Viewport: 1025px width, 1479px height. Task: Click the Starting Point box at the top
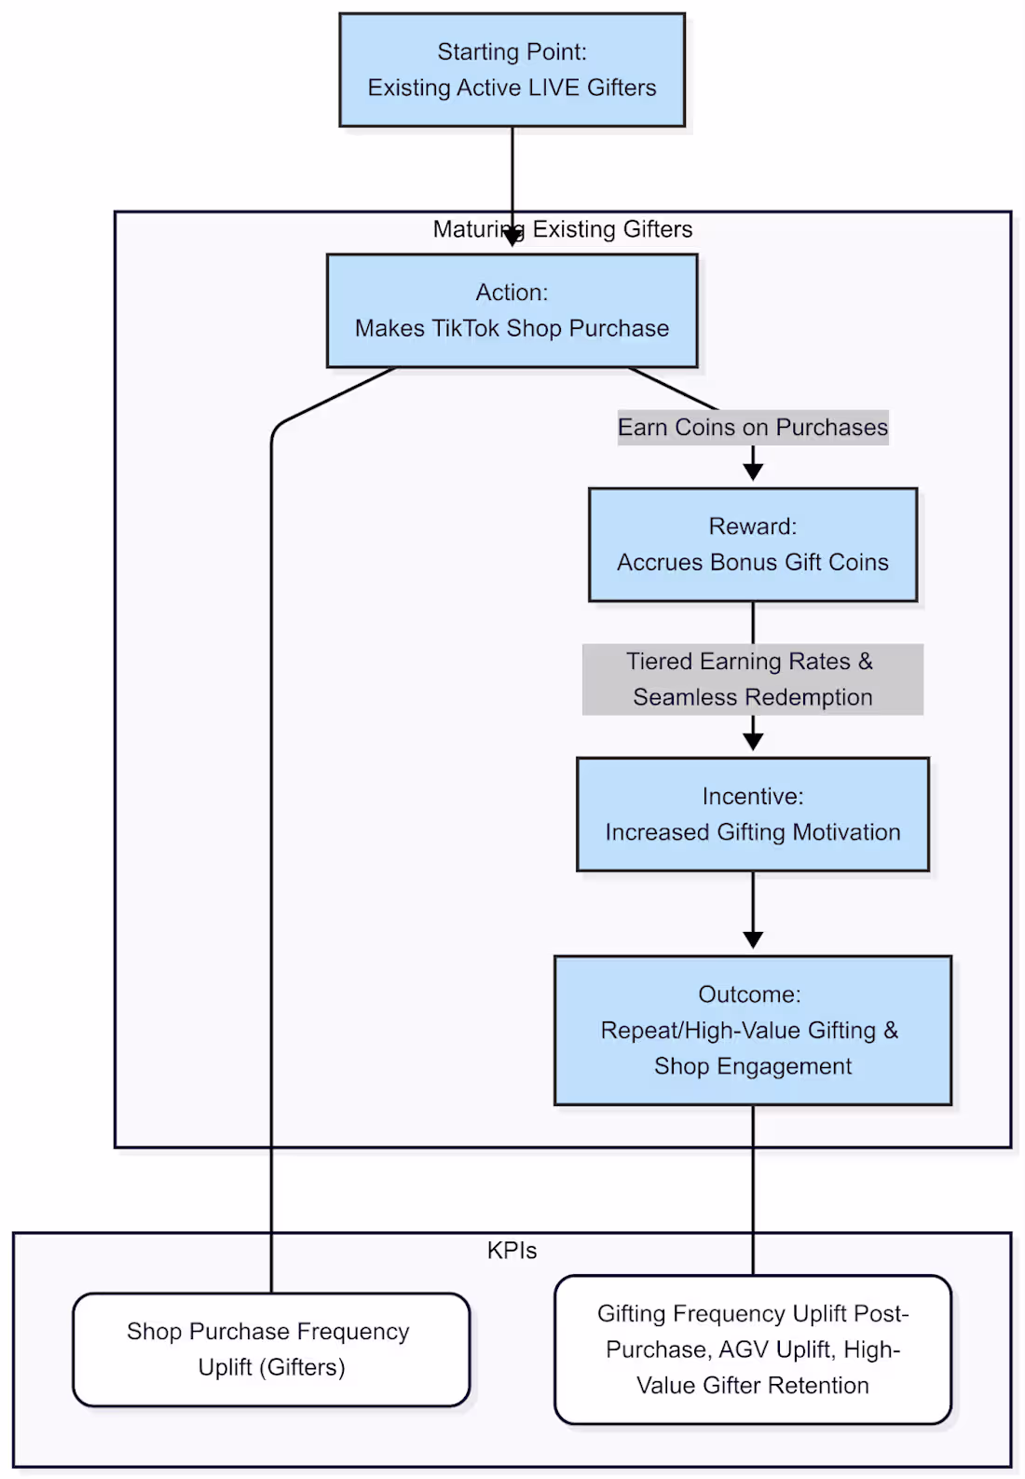[x=512, y=70]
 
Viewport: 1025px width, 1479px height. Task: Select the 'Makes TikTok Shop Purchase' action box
[x=512, y=310]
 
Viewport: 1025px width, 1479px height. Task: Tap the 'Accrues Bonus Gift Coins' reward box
[x=752, y=544]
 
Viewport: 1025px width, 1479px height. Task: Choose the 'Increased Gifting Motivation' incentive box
[x=752, y=814]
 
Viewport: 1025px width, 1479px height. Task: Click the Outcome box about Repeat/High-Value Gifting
[x=752, y=1030]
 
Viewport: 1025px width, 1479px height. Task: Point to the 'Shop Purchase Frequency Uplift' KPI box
[x=270, y=1349]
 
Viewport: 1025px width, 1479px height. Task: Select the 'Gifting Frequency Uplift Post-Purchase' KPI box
[x=752, y=1349]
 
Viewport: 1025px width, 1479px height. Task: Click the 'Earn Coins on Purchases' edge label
[x=752, y=427]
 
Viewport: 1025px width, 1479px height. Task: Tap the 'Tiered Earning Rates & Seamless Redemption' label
[x=752, y=678]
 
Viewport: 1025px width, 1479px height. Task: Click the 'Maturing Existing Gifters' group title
[x=563, y=229]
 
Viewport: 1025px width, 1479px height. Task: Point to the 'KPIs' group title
[x=512, y=1250]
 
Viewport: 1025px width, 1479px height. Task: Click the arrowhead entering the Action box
[x=512, y=239]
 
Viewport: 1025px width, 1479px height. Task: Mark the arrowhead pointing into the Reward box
[x=753, y=472]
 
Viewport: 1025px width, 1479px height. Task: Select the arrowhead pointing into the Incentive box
[x=753, y=742]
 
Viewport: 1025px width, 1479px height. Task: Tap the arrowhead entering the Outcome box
[x=753, y=940]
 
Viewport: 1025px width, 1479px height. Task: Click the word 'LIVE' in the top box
[x=553, y=88]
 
